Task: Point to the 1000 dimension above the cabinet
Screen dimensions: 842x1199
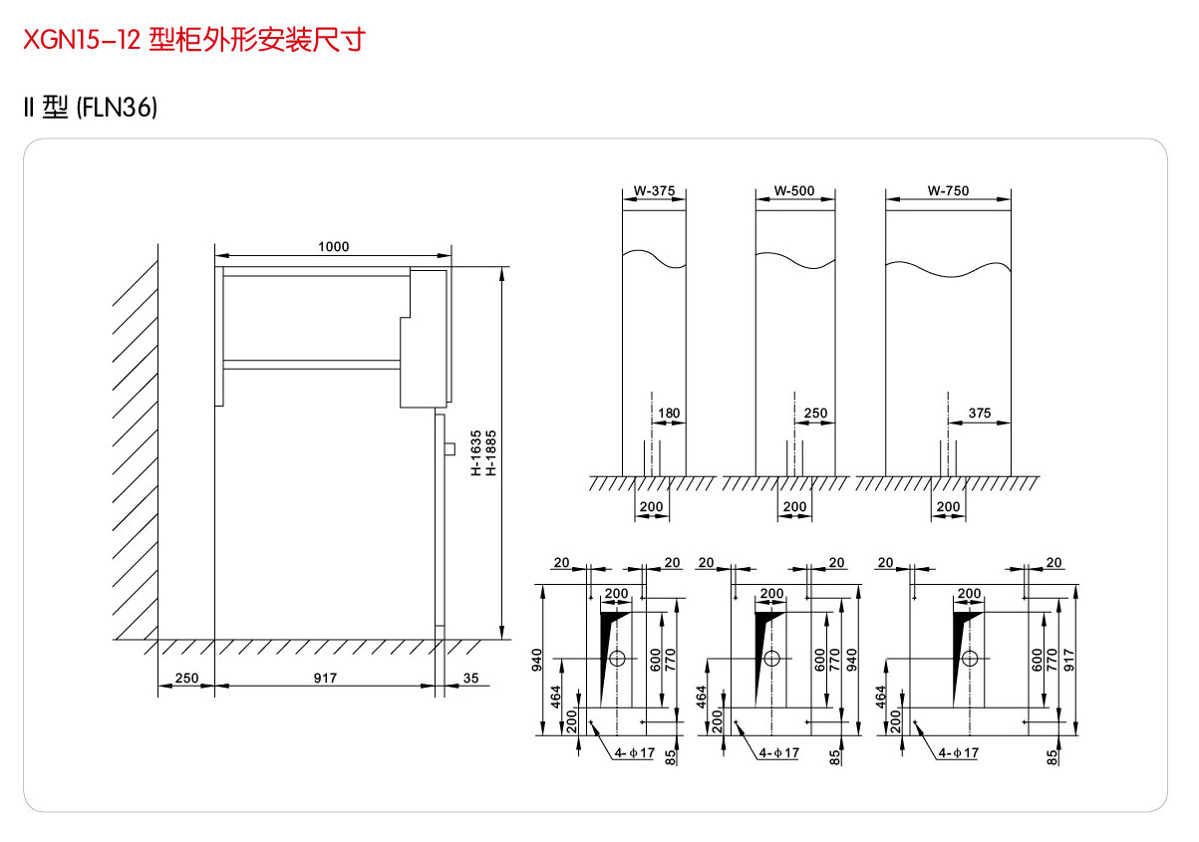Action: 333,247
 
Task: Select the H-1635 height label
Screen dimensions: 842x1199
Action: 476,454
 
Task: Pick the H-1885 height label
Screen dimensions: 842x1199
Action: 490,454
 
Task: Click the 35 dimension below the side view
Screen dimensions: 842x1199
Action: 470,679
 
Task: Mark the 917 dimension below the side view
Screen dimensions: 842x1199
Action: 325,679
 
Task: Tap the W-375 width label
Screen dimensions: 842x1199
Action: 654,190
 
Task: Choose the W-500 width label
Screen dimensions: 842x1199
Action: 794,190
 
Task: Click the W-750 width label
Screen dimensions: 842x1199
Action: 948,190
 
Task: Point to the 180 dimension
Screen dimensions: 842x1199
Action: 670,414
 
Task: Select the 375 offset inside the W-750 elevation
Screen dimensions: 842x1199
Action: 980,414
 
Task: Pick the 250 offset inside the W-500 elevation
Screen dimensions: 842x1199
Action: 815,414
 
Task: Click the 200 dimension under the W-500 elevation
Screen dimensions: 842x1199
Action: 794,507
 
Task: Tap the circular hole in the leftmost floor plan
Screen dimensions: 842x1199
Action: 617,659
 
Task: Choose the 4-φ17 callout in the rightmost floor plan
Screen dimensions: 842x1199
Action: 958,753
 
